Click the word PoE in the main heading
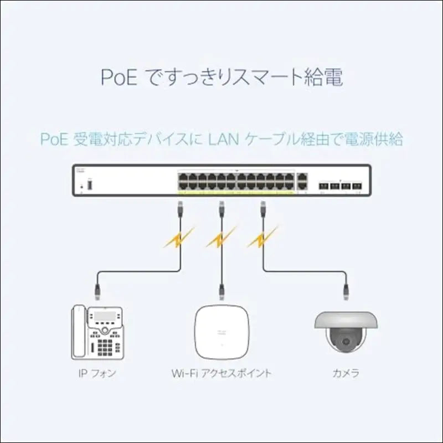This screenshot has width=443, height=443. (119, 78)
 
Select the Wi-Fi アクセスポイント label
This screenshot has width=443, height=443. (221, 373)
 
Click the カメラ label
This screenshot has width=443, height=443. (346, 373)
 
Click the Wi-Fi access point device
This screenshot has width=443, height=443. (221, 330)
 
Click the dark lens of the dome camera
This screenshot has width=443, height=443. (346, 339)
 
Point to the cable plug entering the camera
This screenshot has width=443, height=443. (346, 289)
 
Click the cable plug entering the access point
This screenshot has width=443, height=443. (221, 289)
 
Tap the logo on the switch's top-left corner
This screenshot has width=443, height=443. (83, 169)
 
